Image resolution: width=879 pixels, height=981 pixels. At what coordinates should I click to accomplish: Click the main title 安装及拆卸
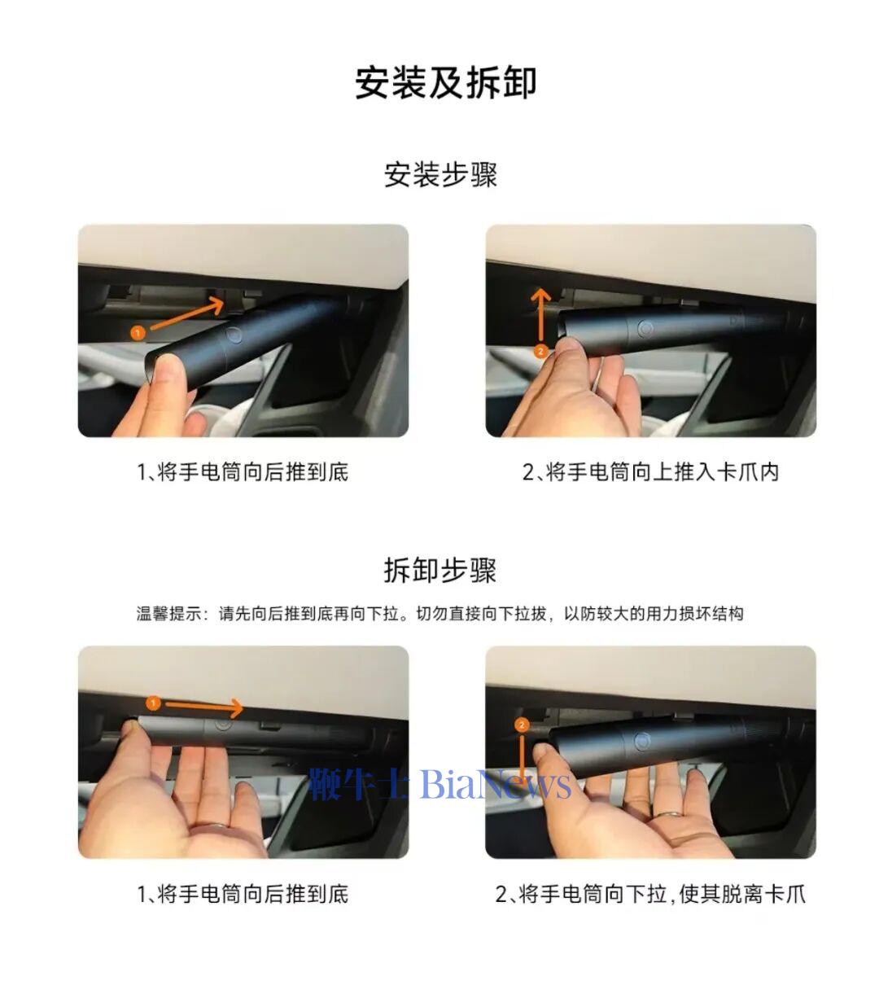pos(445,83)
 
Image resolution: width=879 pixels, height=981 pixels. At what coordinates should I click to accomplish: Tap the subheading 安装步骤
pos(440,175)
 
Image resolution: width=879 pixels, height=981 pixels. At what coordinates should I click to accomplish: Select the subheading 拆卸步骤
pos(440,570)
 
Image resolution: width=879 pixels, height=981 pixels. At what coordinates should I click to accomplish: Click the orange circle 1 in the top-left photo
pos(138,333)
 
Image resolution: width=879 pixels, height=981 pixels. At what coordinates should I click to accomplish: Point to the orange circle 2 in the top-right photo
pos(540,351)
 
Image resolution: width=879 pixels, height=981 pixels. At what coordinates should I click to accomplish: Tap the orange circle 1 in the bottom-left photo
pos(154,703)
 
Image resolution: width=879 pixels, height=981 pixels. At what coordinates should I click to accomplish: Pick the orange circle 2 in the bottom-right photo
pos(522,725)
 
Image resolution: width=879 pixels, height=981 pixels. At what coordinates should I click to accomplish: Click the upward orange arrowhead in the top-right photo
pos(540,297)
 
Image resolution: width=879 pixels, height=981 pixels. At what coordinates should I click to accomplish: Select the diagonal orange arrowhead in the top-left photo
pos(214,304)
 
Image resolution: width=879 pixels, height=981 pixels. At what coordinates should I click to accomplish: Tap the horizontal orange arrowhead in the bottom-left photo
pos(236,708)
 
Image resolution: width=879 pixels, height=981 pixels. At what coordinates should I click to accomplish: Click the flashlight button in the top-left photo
pos(234,335)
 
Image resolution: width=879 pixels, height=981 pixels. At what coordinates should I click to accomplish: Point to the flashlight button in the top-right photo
pos(645,329)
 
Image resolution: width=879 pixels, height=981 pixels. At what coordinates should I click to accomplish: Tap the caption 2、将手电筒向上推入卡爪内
pos(650,472)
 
